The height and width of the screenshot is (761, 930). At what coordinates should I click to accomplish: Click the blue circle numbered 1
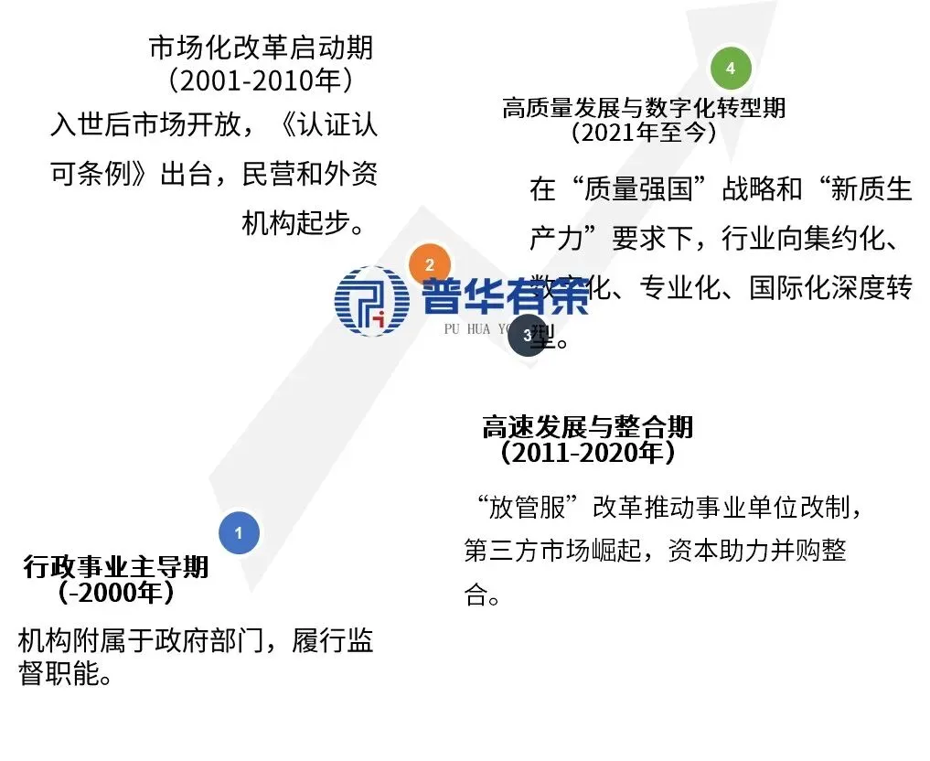(240, 532)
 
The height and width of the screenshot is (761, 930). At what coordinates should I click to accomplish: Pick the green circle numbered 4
(730, 68)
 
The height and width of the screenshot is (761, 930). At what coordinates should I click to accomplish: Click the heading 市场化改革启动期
(261, 48)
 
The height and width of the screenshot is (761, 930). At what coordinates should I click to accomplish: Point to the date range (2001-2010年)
(261, 80)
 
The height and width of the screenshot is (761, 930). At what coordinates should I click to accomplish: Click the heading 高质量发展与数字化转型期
(643, 108)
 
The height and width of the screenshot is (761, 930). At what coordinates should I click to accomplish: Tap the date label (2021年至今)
(643, 133)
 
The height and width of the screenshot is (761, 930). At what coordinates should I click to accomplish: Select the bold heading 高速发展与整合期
(587, 427)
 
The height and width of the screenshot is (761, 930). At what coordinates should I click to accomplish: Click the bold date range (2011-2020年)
(587, 452)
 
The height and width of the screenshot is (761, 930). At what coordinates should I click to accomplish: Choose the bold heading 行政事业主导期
(116, 567)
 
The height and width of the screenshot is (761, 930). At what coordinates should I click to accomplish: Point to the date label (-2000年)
(116, 593)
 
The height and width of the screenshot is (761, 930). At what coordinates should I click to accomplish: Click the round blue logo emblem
(372, 300)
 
